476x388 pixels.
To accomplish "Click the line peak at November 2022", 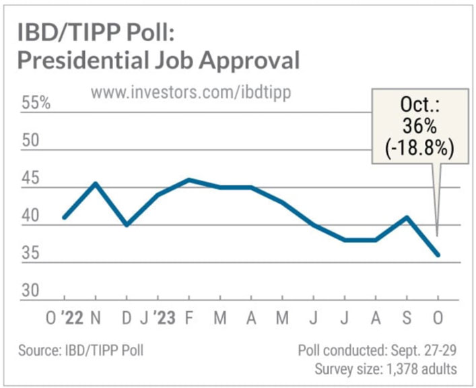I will tap(96, 183).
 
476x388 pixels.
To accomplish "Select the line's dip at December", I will tap(127, 225).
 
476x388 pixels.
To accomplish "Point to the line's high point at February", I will tap(189, 179).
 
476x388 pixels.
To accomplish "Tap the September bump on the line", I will tap(407, 217).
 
